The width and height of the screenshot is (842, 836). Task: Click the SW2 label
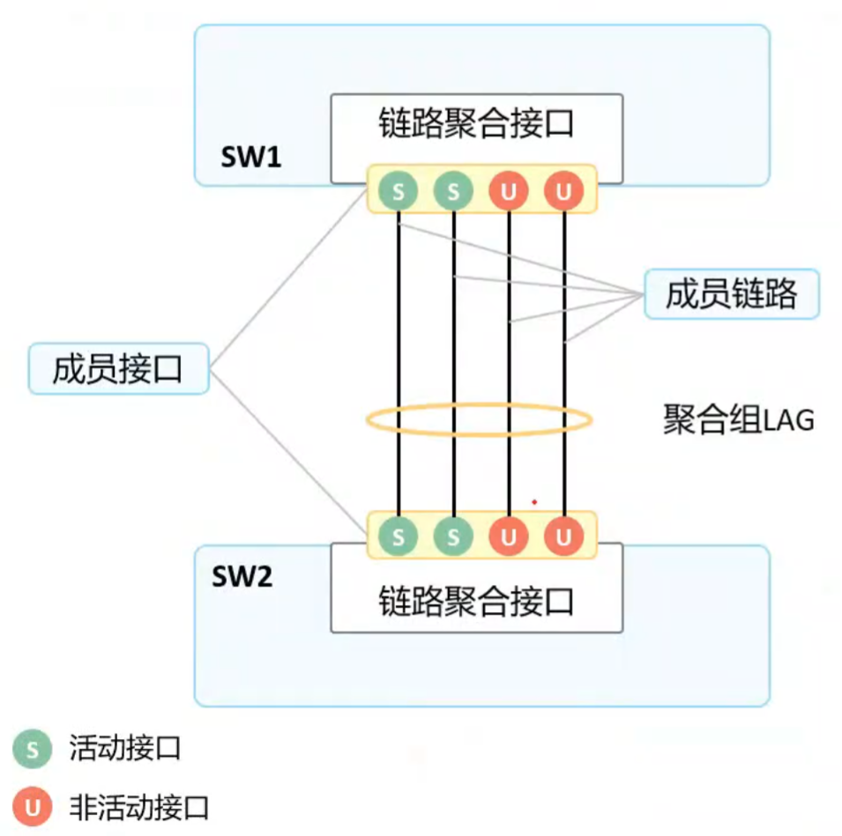point(242,577)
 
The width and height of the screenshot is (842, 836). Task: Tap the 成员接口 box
point(118,368)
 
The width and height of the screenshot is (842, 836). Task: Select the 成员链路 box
point(731,294)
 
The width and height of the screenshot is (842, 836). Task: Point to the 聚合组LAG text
point(738,420)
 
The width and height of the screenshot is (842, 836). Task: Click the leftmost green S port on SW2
point(399,535)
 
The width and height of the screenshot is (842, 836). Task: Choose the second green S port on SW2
point(453,535)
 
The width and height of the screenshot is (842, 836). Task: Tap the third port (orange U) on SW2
point(509,535)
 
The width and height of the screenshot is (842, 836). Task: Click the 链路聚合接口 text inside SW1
point(476,124)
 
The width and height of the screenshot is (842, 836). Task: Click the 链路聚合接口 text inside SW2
point(476,602)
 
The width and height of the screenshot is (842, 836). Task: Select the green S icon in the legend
point(33,750)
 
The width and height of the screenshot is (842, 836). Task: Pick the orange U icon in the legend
point(33,806)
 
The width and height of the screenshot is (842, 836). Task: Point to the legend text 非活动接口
point(138,806)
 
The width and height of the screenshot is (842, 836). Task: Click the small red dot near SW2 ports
point(534,502)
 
